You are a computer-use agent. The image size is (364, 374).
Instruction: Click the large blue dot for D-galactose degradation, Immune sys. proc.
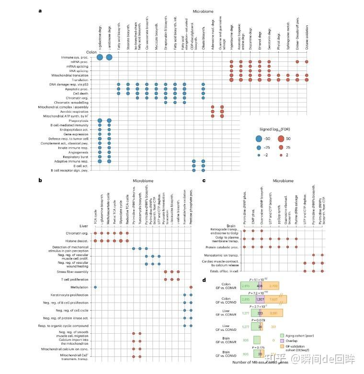[100, 58]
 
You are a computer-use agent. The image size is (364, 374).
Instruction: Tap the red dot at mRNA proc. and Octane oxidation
[307, 62]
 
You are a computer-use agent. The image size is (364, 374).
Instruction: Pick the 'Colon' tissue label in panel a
[91, 52]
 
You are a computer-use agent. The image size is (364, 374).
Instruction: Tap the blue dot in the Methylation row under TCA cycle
[95, 287]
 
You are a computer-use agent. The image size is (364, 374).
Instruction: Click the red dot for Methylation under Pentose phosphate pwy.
[191, 287]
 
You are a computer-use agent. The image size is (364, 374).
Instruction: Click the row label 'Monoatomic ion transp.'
[220, 255]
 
